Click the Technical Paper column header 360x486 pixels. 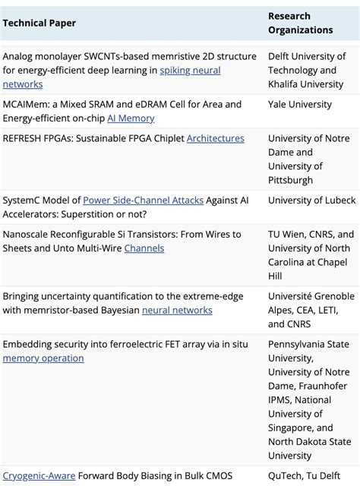[x=39, y=23]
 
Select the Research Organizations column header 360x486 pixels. [x=300, y=23]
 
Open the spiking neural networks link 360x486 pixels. [x=190, y=71]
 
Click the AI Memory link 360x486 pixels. [x=131, y=118]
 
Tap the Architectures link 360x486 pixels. [x=216, y=138]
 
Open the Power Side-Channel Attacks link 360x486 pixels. [x=143, y=200]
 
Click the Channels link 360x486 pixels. [x=144, y=248]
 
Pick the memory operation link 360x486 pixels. [x=43, y=358]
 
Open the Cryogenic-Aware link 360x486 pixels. [x=39, y=475]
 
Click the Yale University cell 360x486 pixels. [x=300, y=105]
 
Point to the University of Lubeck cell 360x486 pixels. [x=311, y=200]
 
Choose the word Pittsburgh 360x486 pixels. [x=290, y=180]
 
